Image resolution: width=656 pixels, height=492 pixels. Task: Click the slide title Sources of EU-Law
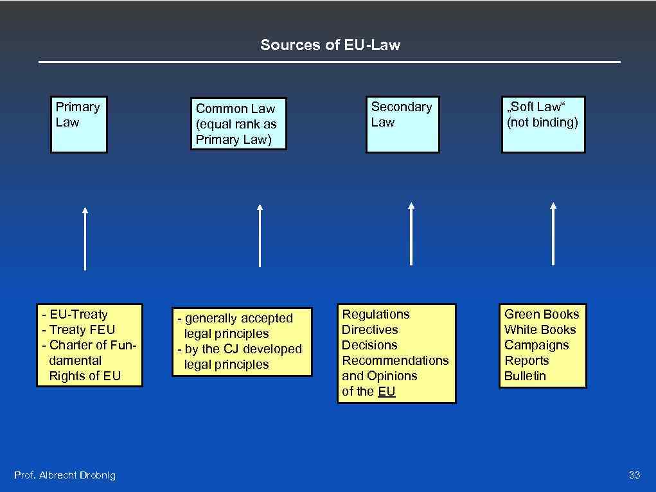(330, 45)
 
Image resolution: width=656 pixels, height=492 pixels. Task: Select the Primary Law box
(79, 125)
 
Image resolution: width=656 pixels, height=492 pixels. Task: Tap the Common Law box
(238, 124)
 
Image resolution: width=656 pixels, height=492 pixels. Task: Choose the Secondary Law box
(403, 125)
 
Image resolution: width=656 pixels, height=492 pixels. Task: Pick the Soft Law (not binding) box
(543, 125)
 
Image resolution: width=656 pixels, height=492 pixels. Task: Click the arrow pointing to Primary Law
(85, 238)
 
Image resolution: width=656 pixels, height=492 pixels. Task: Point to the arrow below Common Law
(260, 236)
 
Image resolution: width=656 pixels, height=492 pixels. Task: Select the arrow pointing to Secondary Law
(411, 234)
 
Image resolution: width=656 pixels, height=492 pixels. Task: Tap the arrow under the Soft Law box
(553, 234)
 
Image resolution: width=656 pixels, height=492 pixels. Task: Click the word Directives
(370, 329)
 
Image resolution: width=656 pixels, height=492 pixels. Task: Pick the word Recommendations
(395, 360)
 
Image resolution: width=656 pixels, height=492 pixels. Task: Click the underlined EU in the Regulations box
(387, 391)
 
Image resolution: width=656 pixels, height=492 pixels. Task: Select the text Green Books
(542, 314)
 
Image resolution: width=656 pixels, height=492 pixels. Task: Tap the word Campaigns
(536, 345)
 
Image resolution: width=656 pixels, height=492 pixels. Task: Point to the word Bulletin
(525, 376)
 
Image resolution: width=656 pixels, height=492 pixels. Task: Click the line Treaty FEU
(81, 329)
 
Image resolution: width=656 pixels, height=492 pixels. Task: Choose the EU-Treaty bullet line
(78, 314)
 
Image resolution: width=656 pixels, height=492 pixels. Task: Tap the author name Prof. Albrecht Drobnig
(65, 475)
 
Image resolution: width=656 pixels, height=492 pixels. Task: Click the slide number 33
(634, 475)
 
